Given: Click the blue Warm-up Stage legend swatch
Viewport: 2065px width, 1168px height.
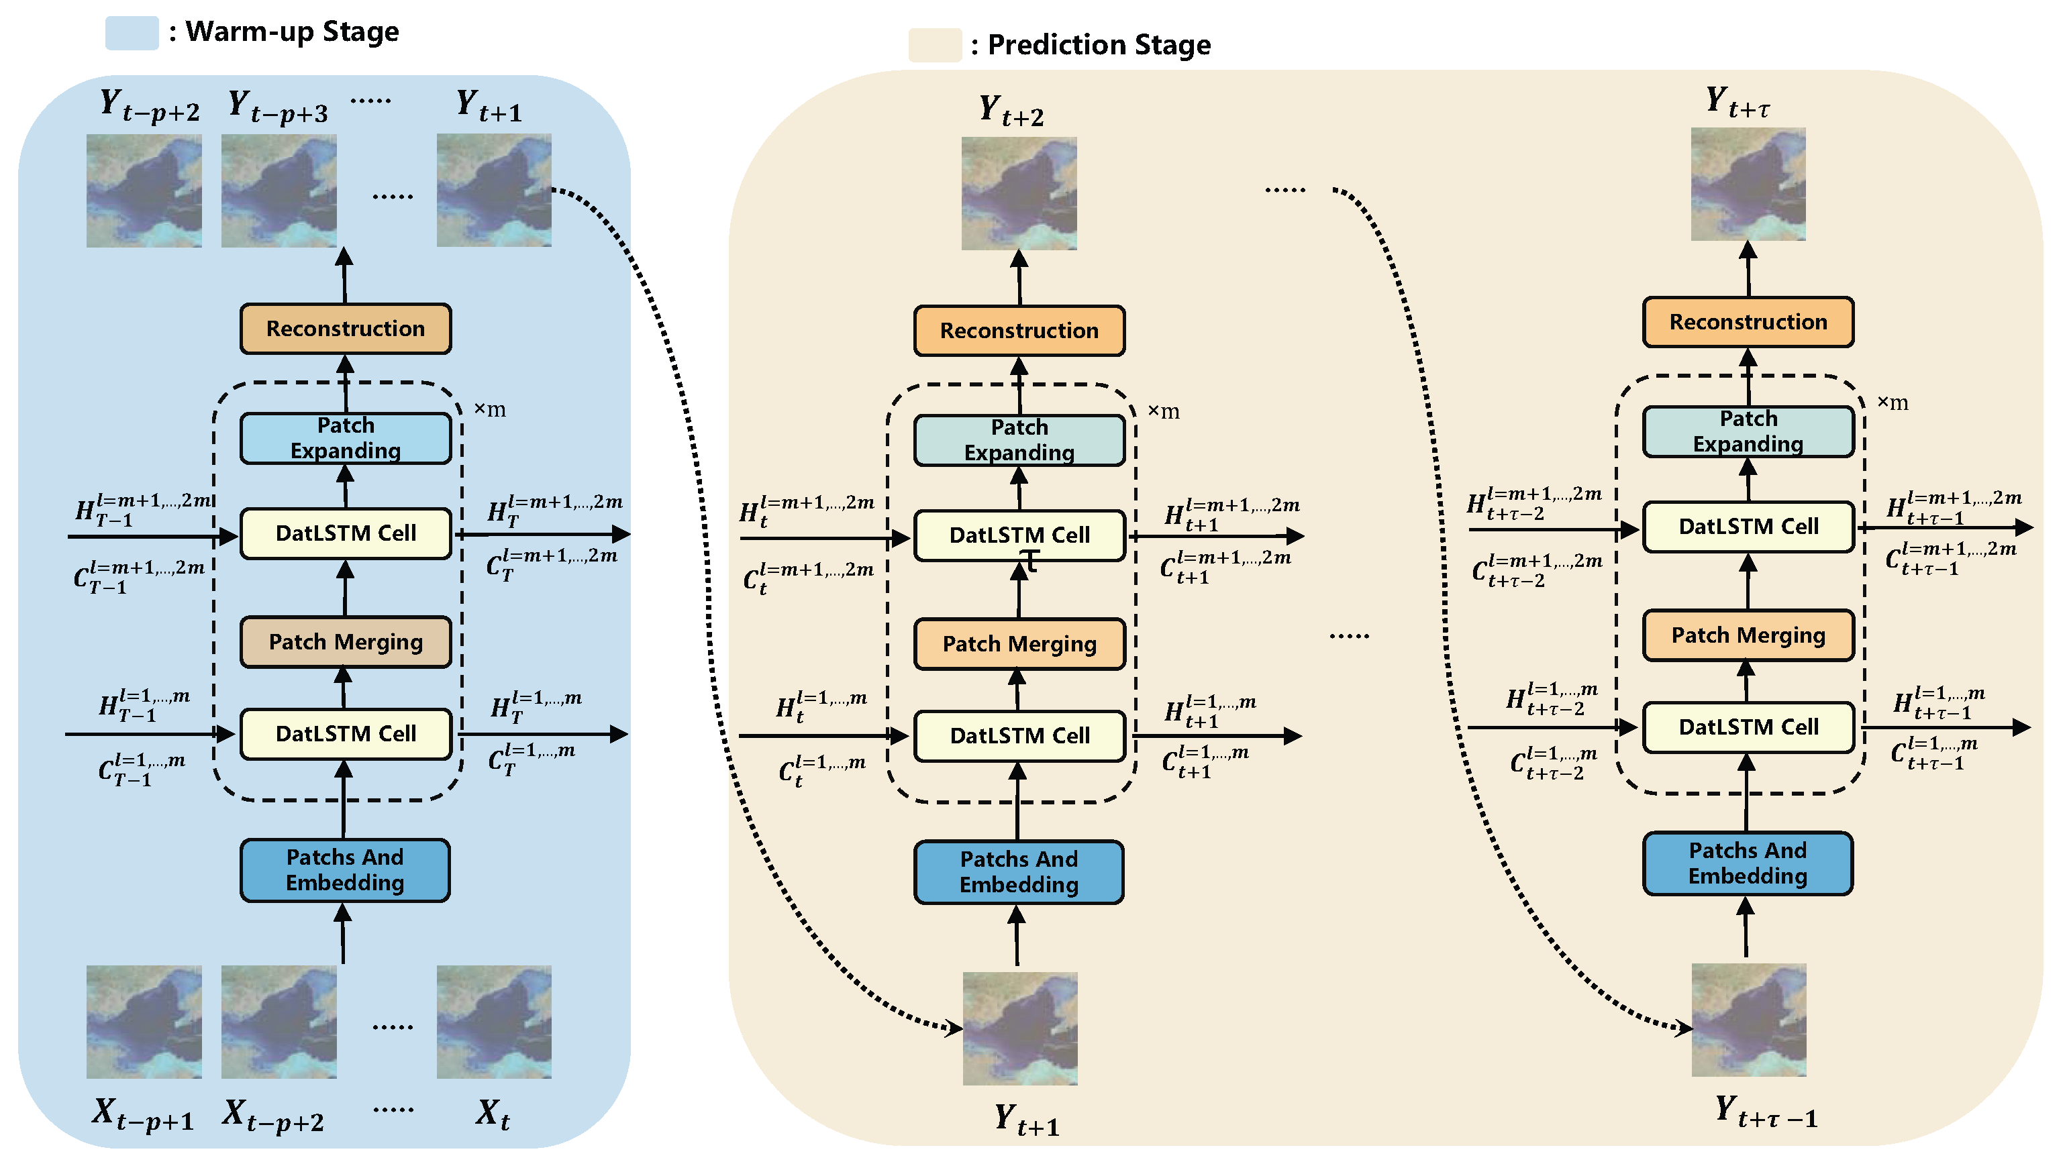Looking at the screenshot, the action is [x=132, y=33].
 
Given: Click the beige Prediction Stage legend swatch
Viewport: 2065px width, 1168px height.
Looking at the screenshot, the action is [x=935, y=45].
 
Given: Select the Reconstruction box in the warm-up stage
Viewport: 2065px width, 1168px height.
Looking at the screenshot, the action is [x=346, y=329].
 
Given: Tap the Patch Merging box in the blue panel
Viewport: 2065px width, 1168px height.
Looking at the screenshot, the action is [x=346, y=642].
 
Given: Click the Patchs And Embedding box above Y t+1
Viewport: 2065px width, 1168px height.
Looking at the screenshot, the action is [x=1019, y=872].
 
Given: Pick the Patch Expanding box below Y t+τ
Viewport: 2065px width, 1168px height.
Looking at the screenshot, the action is [x=1748, y=431].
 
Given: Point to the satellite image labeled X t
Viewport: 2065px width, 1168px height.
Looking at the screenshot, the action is [x=494, y=1021].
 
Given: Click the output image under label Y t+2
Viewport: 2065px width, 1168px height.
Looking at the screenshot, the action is [x=1019, y=193].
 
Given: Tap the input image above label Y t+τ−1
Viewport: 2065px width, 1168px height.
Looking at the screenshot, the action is [x=1749, y=1020].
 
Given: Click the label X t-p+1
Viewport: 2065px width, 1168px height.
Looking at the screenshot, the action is [x=143, y=1114].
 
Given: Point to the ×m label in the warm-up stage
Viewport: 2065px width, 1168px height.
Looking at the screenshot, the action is [x=489, y=409].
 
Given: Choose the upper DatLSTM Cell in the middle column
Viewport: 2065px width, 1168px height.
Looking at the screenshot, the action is [x=1019, y=535].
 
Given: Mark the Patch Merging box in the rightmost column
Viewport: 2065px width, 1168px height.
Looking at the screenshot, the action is [x=1749, y=635].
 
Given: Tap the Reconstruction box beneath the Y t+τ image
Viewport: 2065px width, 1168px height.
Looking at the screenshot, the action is [x=1749, y=321].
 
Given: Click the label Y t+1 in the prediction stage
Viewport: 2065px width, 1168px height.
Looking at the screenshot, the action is [x=1027, y=1119].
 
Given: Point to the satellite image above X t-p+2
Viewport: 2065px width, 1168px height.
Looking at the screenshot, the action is [x=279, y=1021].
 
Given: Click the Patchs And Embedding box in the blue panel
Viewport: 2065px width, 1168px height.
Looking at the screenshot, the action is [x=345, y=870].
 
